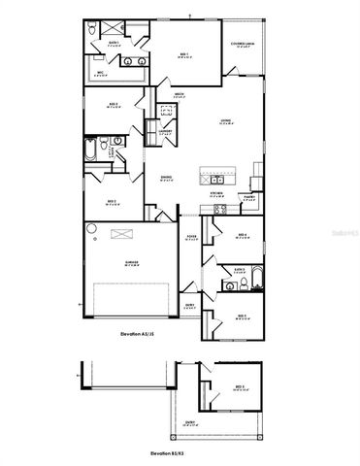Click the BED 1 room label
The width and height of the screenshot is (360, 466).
[182, 55]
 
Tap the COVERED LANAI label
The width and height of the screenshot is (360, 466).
[243, 45]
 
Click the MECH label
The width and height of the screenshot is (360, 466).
[180, 94]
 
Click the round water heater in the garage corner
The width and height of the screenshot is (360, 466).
[91, 228]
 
